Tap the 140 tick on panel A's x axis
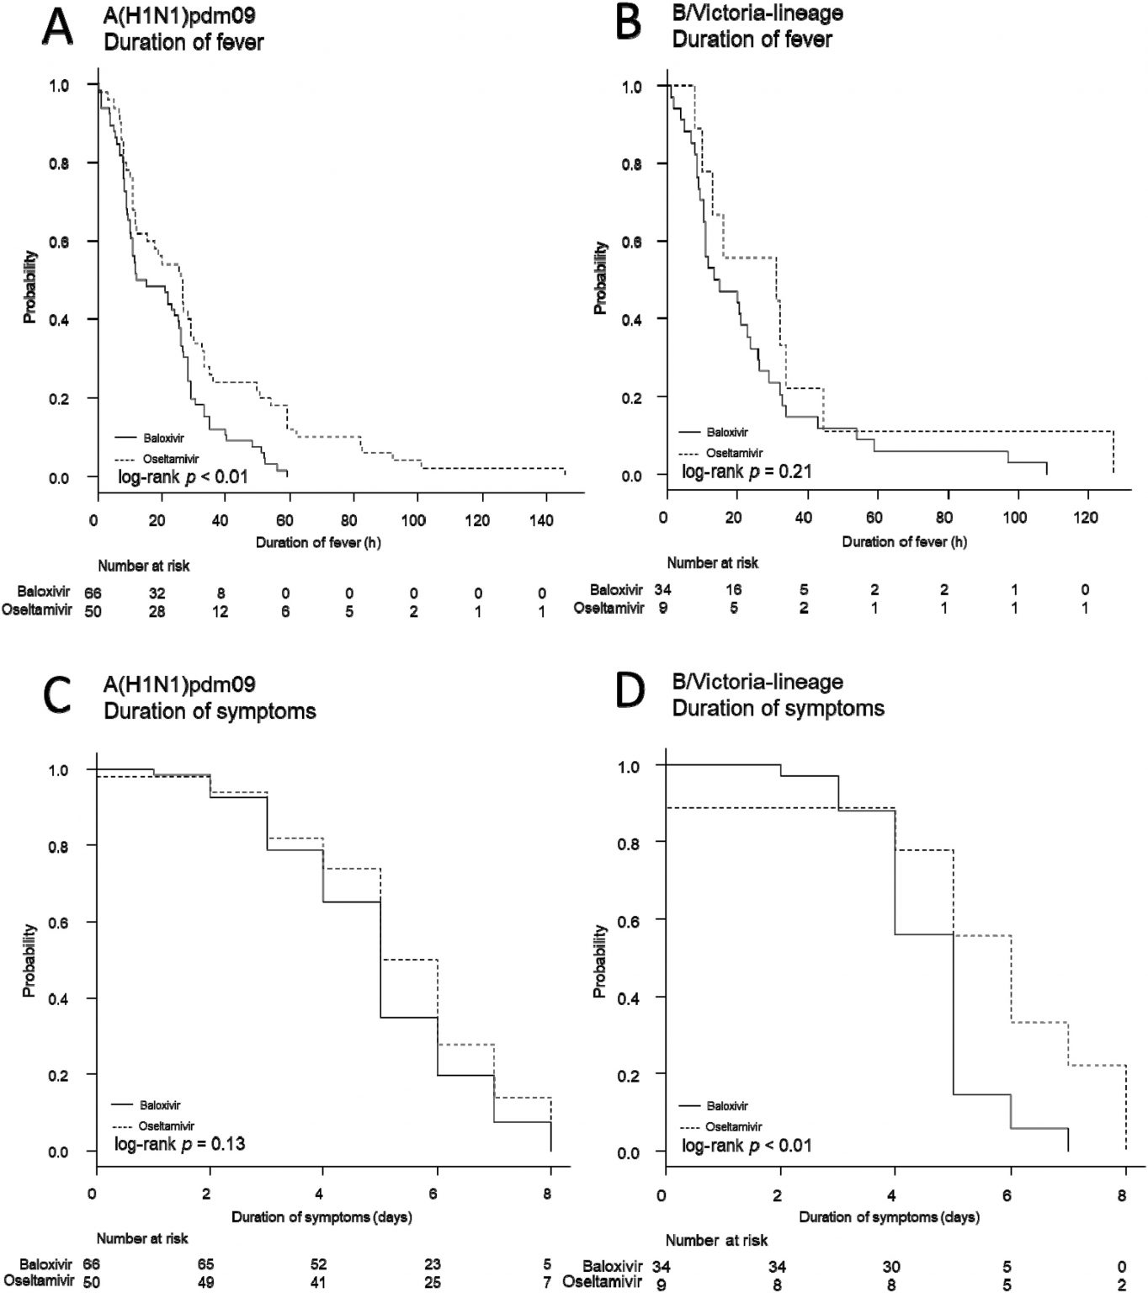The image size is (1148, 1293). [x=543, y=521]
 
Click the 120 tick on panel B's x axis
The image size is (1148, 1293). [x=1086, y=518]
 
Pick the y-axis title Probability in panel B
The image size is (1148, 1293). [x=601, y=279]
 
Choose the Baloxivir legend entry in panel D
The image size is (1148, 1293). [x=726, y=1106]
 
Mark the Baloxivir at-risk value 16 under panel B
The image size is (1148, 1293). [x=733, y=590]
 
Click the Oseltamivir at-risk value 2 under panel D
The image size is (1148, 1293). [x=1122, y=1284]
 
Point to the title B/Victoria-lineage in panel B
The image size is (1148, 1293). [x=757, y=13]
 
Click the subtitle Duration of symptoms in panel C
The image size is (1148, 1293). [x=210, y=711]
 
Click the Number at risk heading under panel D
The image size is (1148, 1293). [x=716, y=1240]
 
